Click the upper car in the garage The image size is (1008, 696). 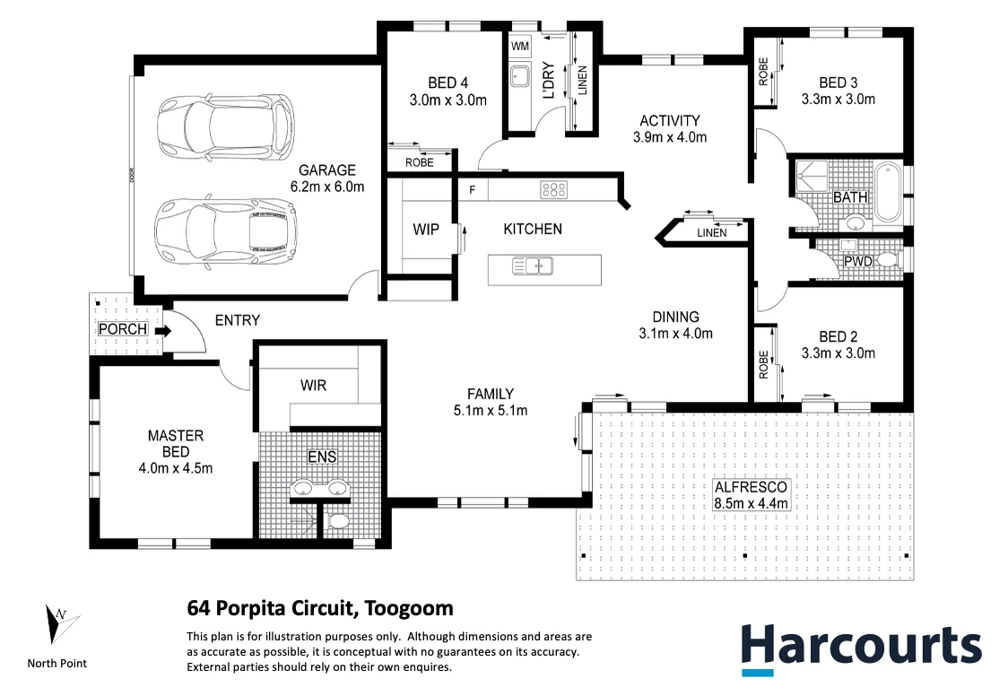pyautogui.click(x=225, y=126)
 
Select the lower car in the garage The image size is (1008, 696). pyautogui.click(x=226, y=230)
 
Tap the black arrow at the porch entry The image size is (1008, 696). pyautogui.click(x=162, y=330)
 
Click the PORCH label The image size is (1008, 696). pyautogui.click(x=123, y=329)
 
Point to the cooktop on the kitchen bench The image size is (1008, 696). pyautogui.click(x=553, y=189)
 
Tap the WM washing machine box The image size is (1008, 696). pyautogui.click(x=520, y=45)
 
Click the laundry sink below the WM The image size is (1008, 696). pyautogui.click(x=520, y=77)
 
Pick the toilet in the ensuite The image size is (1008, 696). pyautogui.click(x=339, y=520)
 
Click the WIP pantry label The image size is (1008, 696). pyautogui.click(x=426, y=230)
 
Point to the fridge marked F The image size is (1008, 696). pyautogui.click(x=473, y=189)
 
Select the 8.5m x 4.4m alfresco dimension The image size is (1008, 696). pyautogui.click(x=751, y=503)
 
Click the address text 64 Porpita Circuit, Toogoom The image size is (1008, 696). pyautogui.click(x=320, y=608)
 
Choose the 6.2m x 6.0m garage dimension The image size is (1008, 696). pyautogui.click(x=327, y=187)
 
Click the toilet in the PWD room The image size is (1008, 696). pyautogui.click(x=886, y=260)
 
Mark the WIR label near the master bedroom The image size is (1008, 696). pyautogui.click(x=313, y=386)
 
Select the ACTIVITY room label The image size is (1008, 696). pyautogui.click(x=669, y=121)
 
